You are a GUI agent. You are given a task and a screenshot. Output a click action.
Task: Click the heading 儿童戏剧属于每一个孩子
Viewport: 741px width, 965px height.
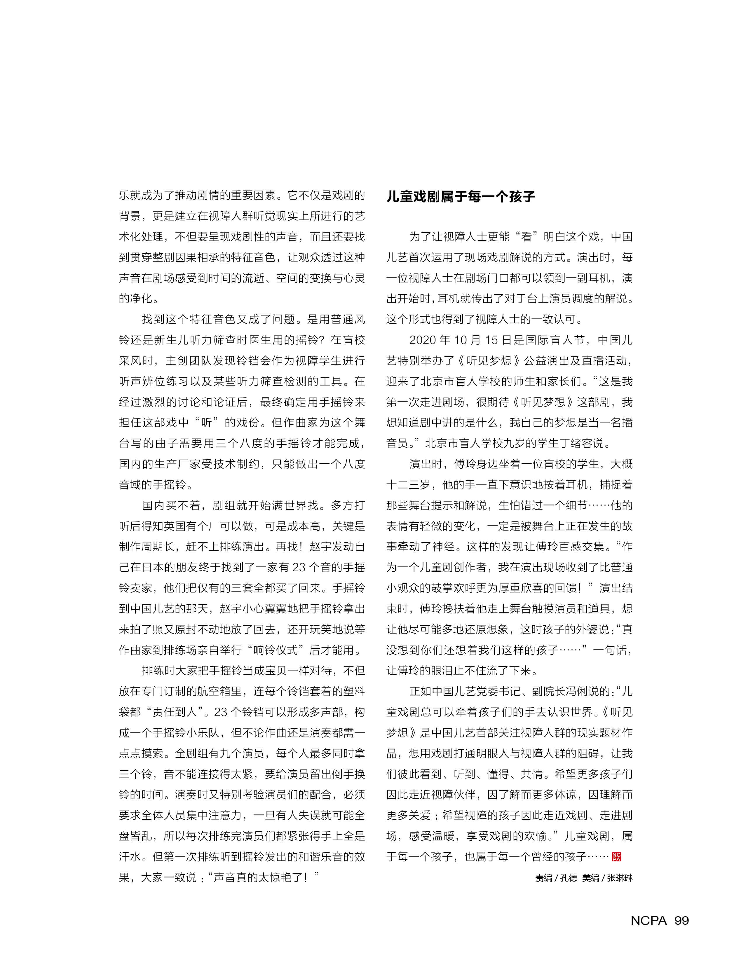pyautogui.click(x=461, y=196)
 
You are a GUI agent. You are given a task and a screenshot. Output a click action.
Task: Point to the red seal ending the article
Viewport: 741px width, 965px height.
pyautogui.click(x=617, y=856)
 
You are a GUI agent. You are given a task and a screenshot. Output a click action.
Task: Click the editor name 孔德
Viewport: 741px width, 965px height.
pyautogui.click(x=569, y=878)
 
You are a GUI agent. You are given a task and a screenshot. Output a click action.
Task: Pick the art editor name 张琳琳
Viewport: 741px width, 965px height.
pyautogui.click(x=620, y=878)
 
